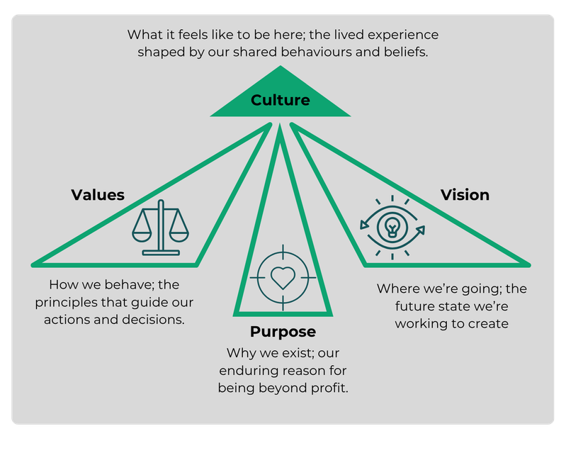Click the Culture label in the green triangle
281,100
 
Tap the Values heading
98,195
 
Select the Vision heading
465,194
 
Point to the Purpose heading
283,332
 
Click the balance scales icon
161,227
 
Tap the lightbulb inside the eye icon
392,226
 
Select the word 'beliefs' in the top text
407,52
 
